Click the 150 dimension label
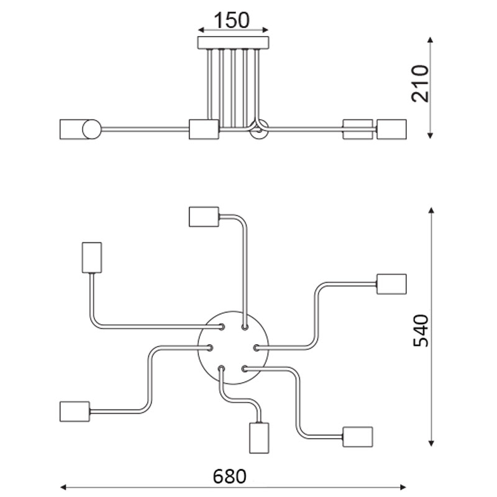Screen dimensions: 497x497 [x=232, y=20]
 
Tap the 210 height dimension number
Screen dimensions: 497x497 [x=420, y=84]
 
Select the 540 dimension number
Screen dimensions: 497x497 [x=421, y=331]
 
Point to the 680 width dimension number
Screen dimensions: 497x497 [x=229, y=476]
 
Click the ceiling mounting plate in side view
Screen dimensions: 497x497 [x=234, y=43]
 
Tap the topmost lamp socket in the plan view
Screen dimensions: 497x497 [x=204, y=217]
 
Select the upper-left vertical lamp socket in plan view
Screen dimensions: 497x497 [x=92, y=257]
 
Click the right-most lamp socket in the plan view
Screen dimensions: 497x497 [x=391, y=284]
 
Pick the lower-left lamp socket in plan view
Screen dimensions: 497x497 [x=75, y=411]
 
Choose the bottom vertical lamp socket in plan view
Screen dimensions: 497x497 [x=259, y=438]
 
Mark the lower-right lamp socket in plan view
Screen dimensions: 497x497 [x=358, y=437]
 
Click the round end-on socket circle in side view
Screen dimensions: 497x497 [x=91, y=129]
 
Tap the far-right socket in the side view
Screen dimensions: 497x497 [x=391, y=129]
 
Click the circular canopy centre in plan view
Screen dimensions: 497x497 [x=234, y=347]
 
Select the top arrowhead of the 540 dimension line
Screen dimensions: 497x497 [x=431, y=211]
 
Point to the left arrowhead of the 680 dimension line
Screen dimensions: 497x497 [x=63, y=487]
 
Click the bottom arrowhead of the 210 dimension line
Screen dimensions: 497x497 [x=430, y=136]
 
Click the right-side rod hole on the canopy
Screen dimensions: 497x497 [x=257, y=348]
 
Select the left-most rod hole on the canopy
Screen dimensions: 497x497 [x=209, y=348]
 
